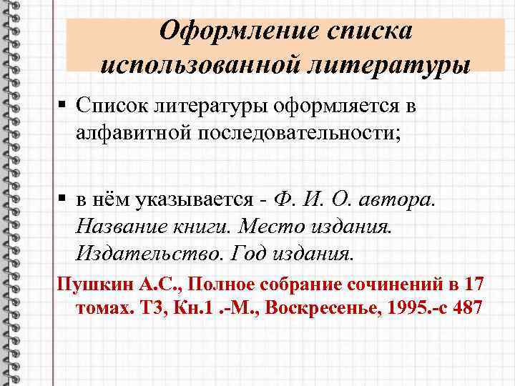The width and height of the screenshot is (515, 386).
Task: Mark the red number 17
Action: click(474, 284)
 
